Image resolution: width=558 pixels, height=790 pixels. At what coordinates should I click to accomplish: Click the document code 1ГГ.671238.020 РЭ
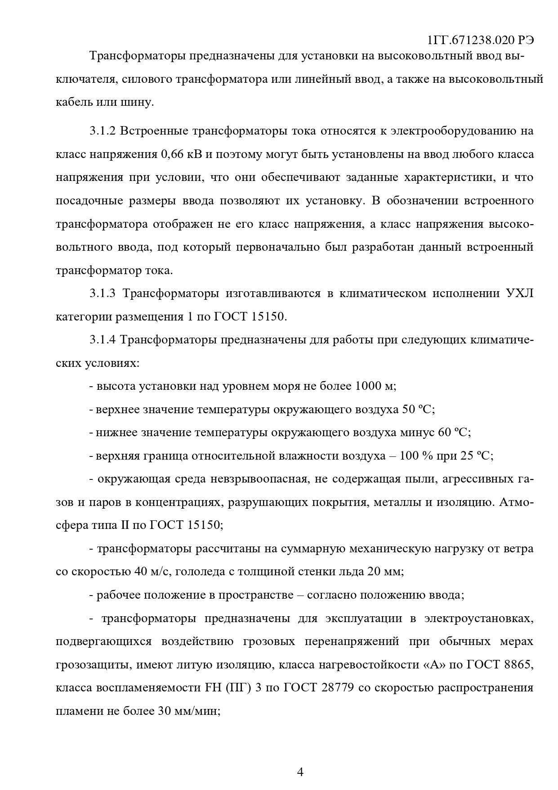(x=480, y=40)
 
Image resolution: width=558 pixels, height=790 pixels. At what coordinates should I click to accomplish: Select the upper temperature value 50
(x=406, y=410)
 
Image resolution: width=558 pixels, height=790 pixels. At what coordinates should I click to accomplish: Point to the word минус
(x=418, y=433)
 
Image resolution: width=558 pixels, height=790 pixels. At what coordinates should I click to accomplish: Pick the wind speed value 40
(x=140, y=572)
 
